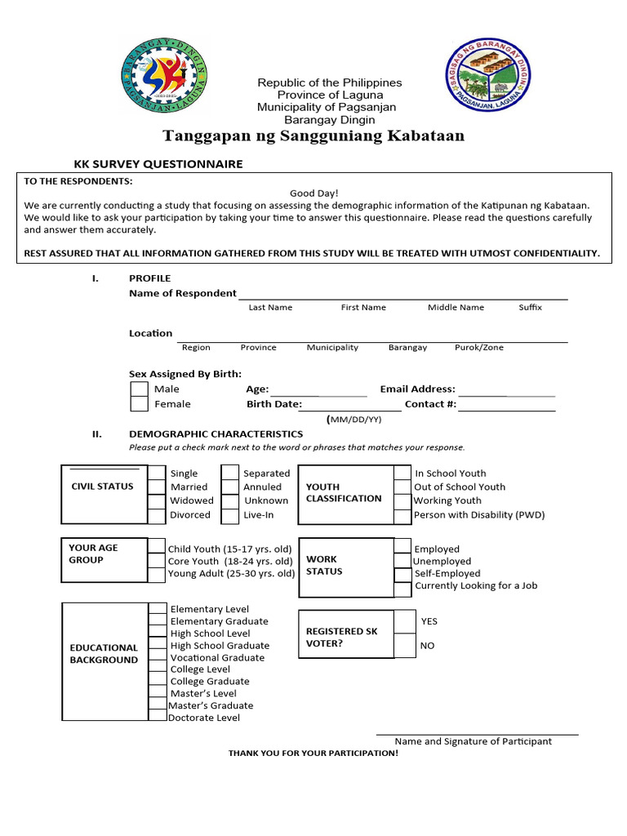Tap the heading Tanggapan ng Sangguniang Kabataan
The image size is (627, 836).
click(x=313, y=136)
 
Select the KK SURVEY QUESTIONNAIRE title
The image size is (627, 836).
click(x=158, y=164)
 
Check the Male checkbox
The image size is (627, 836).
click(x=140, y=389)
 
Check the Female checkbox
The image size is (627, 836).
click(x=140, y=404)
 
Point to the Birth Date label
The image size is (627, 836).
click(x=273, y=404)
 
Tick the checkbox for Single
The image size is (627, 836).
click(x=157, y=474)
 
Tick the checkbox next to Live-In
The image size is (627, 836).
click(x=230, y=515)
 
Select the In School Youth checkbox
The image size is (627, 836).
click(x=402, y=474)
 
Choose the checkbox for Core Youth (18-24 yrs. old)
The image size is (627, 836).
click(x=157, y=562)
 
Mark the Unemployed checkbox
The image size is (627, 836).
click(x=402, y=562)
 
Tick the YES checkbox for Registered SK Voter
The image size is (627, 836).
click(x=404, y=621)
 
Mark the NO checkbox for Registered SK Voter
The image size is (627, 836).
click(x=404, y=646)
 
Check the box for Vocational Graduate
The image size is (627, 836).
click(x=158, y=657)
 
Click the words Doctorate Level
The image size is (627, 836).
click(x=204, y=718)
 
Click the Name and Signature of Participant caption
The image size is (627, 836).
click(x=473, y=741)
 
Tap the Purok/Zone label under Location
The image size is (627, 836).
click(x=479, y=348)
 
